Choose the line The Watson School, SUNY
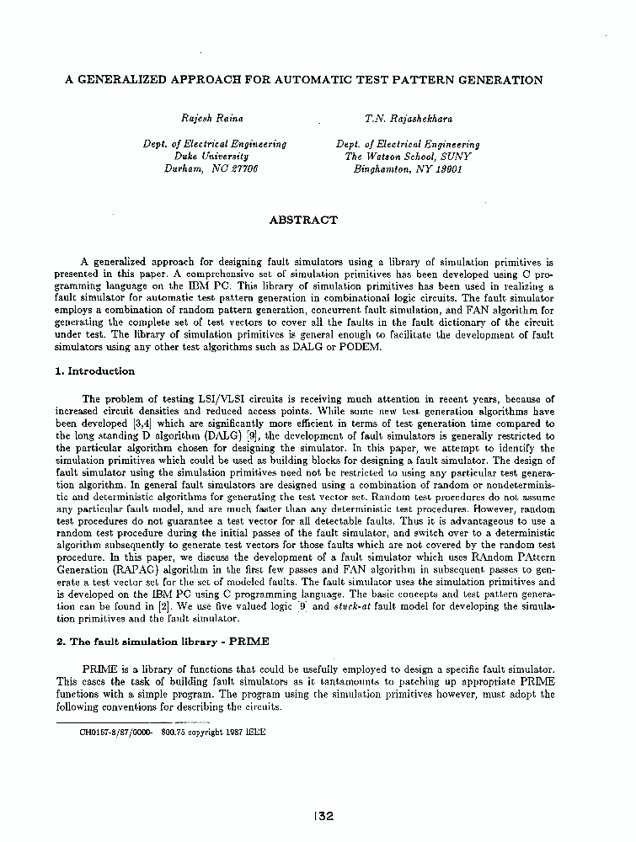[408, 157]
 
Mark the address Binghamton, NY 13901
[408, 168]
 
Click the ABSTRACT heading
[302, 221]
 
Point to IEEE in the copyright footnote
[255, 733]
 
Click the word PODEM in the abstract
[361, 346]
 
